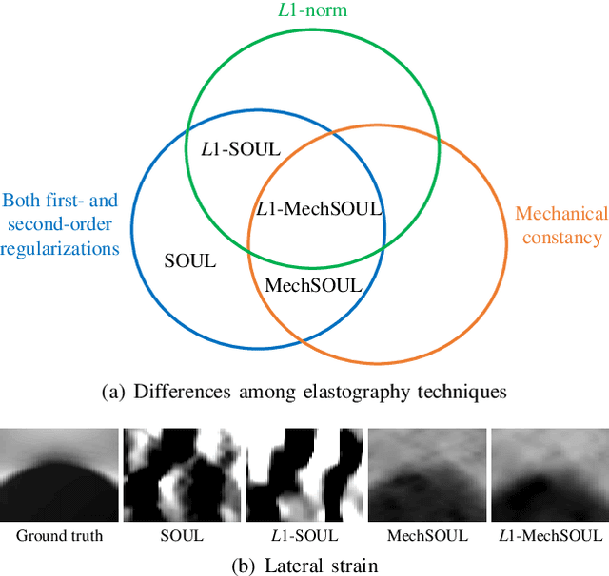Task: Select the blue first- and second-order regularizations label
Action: (61, 224)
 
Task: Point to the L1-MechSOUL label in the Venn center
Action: (320, 208)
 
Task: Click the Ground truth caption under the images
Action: (58, 535)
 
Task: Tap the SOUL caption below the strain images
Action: (181, 535)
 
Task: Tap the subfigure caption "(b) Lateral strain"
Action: (304, 565)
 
